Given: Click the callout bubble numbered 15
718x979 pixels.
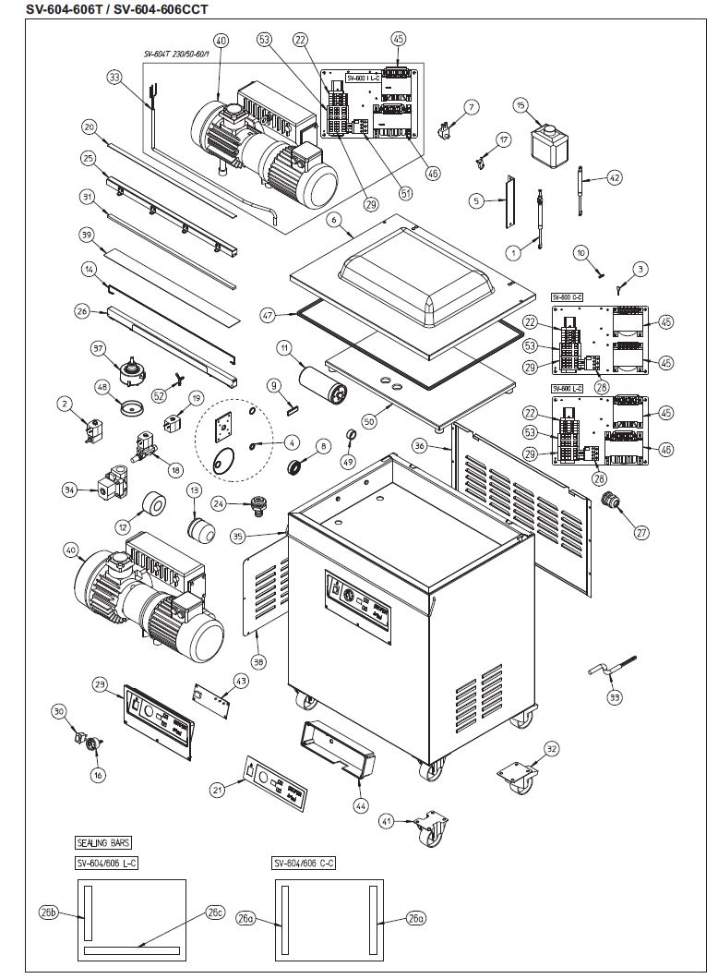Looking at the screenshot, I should click(x=521, y=106).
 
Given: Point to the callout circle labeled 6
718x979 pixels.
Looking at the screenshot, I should click(x=334, y=221).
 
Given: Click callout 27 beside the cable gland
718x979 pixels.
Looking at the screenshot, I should click(x=640, y=532).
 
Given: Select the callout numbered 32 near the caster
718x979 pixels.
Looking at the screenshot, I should click(x=551, y=748).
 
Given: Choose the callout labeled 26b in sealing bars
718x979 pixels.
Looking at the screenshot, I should click(x=49, y=913).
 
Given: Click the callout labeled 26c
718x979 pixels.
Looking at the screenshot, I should click(x=215, y=913).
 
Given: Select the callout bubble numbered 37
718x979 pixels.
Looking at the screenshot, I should click(x=99, y=348).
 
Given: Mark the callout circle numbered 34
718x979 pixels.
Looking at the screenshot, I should click(x=68, y=490).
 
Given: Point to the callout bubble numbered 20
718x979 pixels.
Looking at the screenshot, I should click(x=89, y=127).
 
